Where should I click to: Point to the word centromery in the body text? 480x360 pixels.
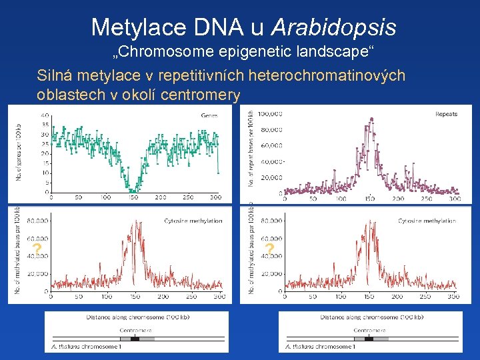click(201, 95)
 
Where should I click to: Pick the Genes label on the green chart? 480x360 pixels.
click(209, 115)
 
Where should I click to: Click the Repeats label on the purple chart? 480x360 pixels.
click(446, 114)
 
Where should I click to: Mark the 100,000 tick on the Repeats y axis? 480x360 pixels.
click(271, 113)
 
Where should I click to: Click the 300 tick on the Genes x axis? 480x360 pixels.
click(215, 198)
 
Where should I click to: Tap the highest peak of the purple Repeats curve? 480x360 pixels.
click(370, 119)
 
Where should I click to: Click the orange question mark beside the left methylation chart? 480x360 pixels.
click(37, 250)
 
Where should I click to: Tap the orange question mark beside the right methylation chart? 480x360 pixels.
click(269, 250)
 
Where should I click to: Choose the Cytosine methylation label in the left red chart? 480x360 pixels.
click(193, 221)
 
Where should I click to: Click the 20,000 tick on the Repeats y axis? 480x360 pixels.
click(272, 177)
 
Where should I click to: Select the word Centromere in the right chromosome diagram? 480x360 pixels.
click(369, 330)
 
